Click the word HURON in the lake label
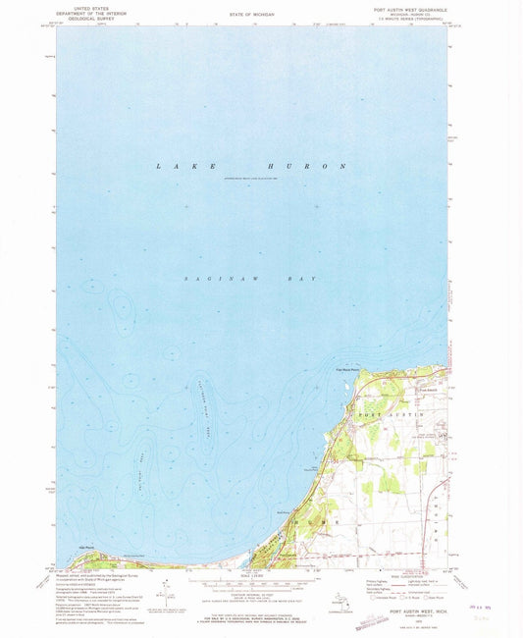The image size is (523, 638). pyautogui.click(x=315, y=168)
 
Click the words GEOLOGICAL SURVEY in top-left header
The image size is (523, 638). pyautogui.click(x=73, y=16)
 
